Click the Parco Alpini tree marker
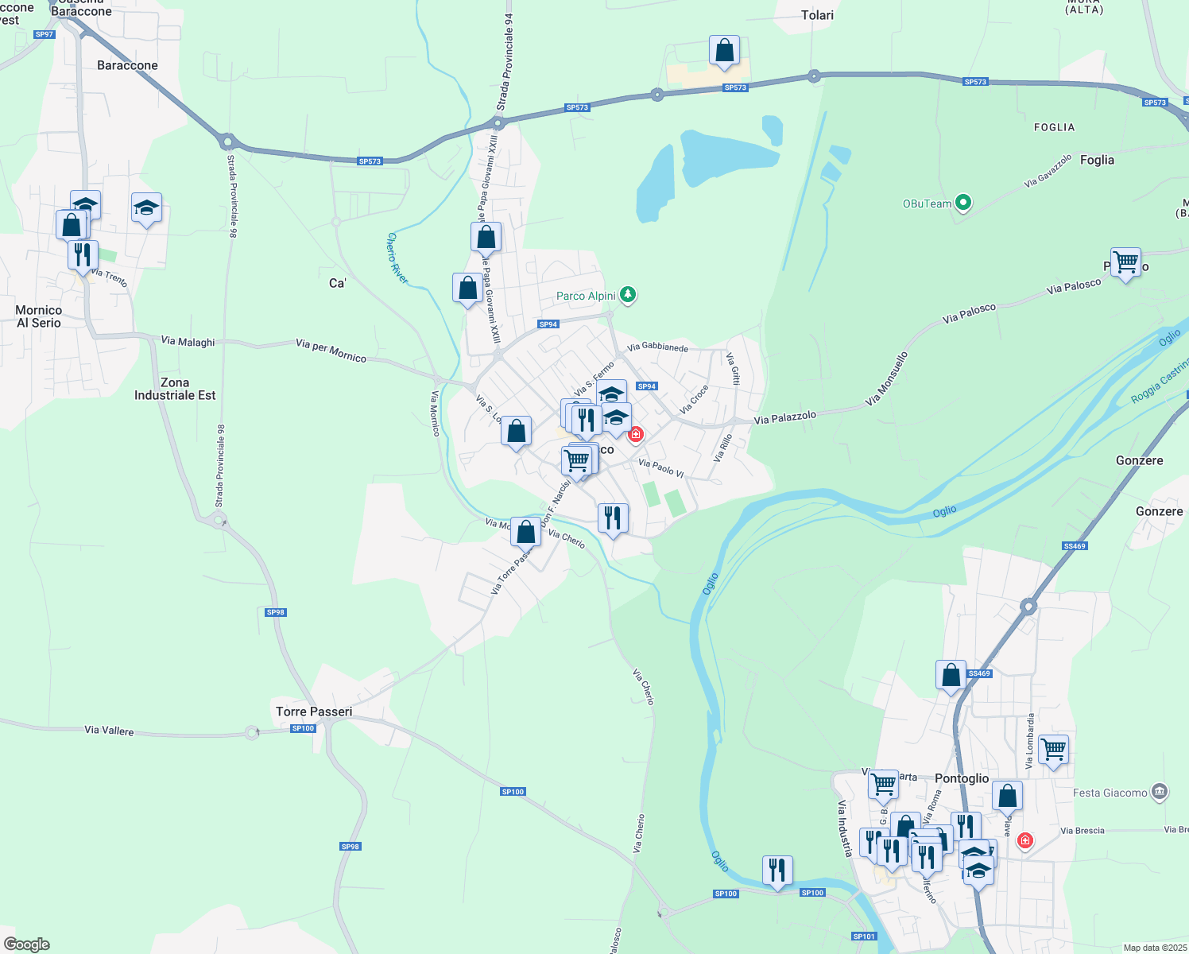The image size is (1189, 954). (x=628, y=295)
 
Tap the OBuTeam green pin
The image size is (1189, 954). (x=963, y=203)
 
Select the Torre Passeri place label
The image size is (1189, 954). (x=314, y=712)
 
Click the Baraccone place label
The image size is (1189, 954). (x=127, y=65)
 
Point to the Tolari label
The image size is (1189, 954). (x=817, y=15)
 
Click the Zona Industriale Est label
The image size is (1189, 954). (x=175, y=389)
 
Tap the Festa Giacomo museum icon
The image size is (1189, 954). (x=1160, y=792)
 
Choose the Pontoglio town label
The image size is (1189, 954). (x=962, y=778)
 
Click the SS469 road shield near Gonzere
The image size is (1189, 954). (x=1074, y=546)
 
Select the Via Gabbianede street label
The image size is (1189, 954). (x=657, y=347)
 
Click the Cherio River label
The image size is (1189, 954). (x=397, y=258)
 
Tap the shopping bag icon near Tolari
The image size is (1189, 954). (x=724, y=50)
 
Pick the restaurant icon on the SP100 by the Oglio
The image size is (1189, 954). (x=777, y=870)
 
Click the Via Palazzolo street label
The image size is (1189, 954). (x=784, y=417)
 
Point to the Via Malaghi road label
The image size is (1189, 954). (x=188, y=342)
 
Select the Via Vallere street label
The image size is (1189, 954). (x=109, y=730)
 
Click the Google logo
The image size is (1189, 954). (x=27, y=944)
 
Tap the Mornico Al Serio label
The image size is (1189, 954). (x=39, y=316)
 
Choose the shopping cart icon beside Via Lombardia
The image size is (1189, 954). (x=1053, y=749)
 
